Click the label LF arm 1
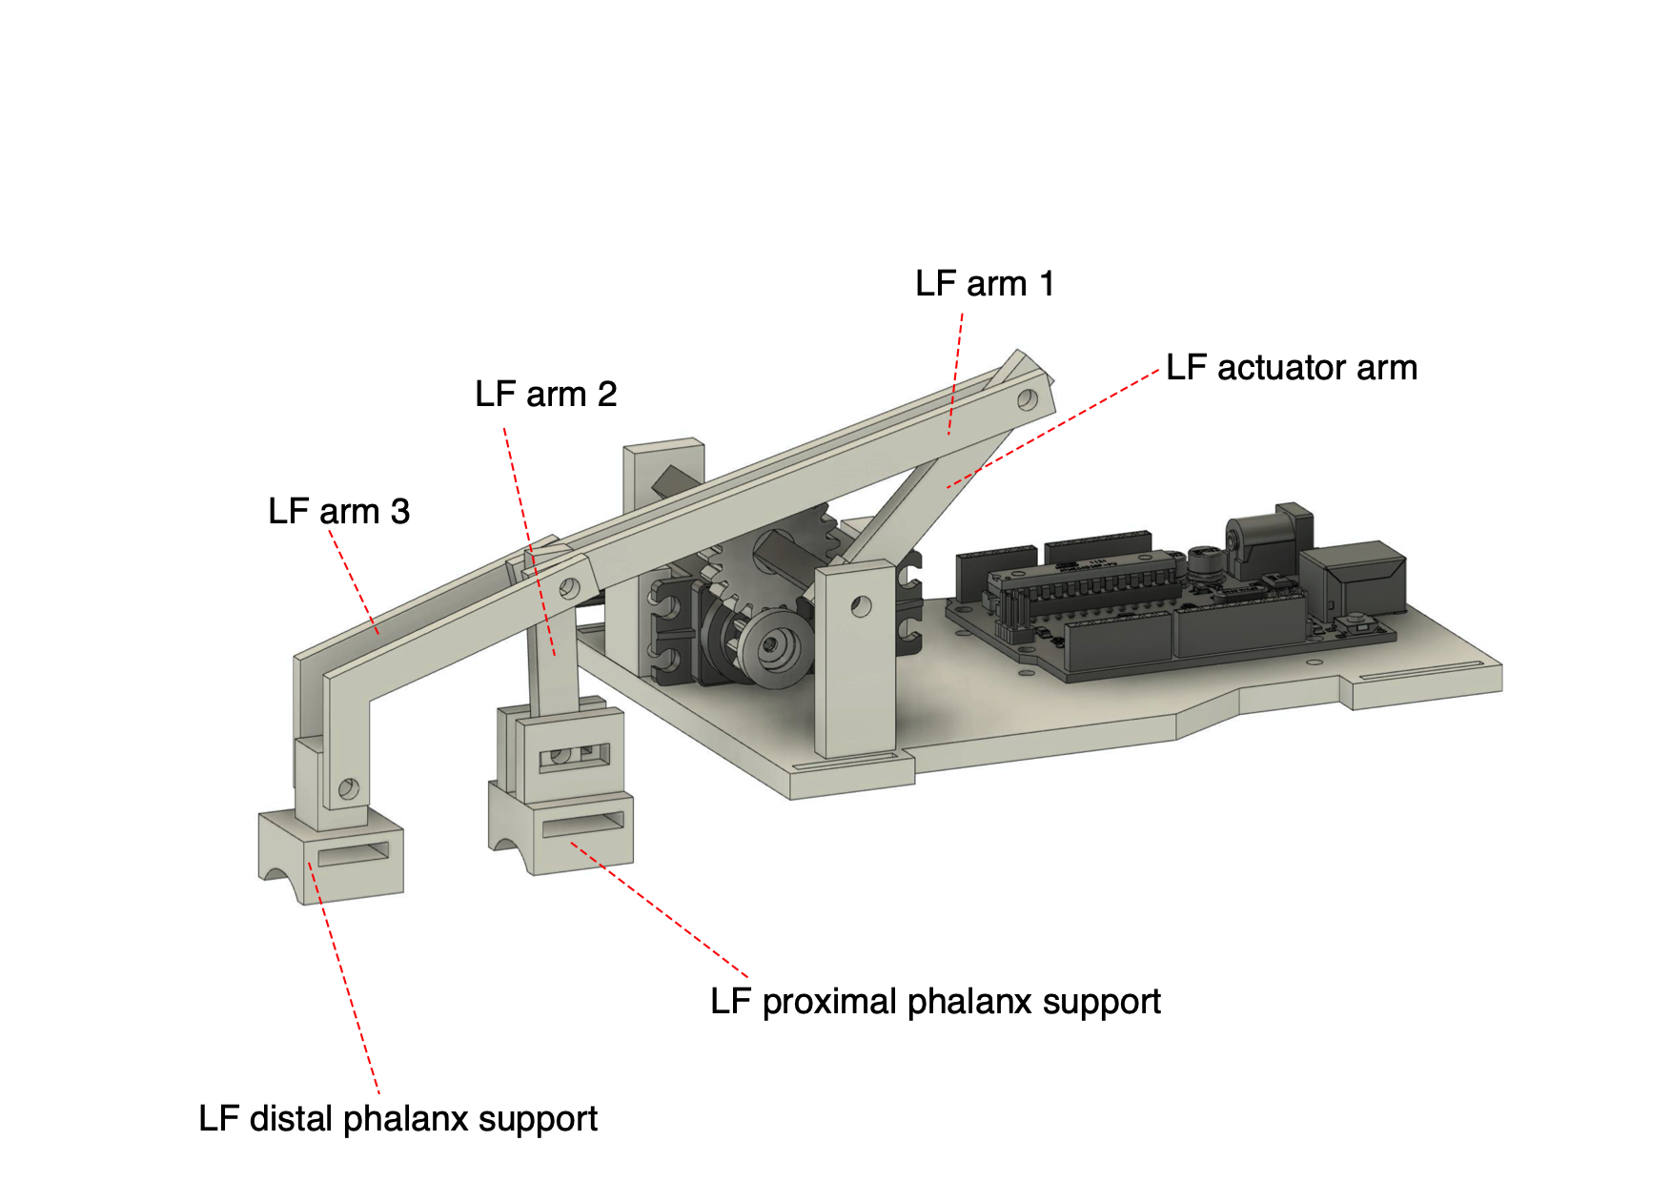pos(985,284)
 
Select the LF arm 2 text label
pos(545,394)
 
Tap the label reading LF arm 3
pos(338,512)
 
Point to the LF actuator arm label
pos(1292,368)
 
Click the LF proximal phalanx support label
pos(935,1002)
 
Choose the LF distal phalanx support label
pos(397,1119)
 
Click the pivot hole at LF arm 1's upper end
pos(1028,400)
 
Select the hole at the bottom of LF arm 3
pos(348,788)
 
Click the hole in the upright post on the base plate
pos(861,606)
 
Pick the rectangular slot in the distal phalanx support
pos(354,855)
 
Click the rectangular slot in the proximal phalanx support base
pos(582,824)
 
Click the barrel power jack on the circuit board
pos(1268,539)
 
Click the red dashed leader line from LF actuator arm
pos(1053,428)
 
